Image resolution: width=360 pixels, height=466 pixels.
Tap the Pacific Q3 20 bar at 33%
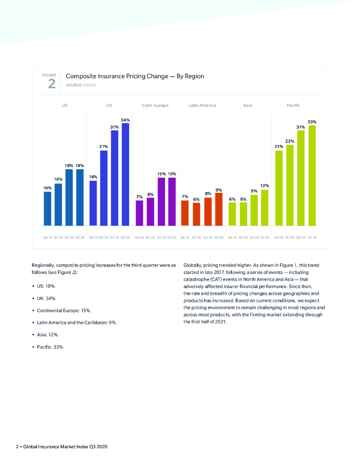tap(312, 176)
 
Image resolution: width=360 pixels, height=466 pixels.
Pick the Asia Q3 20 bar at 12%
tap(265, 208)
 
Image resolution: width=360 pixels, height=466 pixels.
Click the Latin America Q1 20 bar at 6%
tap(196, 214)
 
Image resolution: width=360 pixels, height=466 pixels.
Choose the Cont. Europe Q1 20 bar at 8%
tap(150, 212)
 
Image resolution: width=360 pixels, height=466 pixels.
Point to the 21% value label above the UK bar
tap(104, 146)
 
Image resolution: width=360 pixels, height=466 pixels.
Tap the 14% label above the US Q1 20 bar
tap(58, 179)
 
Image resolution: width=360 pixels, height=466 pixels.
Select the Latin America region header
tap(202, 106)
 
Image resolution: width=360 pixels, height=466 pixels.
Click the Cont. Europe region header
tap(155, 106)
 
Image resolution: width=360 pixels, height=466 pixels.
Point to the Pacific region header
tap(294, 106)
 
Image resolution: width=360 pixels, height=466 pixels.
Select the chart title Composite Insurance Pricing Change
tap(135, 76)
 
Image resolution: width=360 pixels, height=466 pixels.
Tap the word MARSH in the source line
tap(90, 85)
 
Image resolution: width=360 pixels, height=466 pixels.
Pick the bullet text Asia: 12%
tap(48, 334)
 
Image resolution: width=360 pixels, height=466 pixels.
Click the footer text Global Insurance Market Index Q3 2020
tap(64, 447)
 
